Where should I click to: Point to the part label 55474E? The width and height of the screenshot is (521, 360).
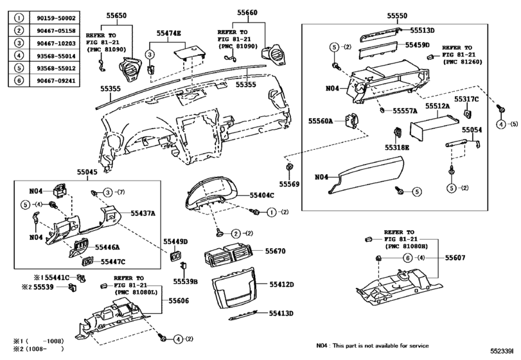coord(169,32)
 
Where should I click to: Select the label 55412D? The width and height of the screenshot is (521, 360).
coord(281,284)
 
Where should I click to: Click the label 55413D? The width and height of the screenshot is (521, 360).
coord(281,313)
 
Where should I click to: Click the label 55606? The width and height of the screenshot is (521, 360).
coord(179,300)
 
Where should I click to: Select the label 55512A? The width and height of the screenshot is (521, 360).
coord(437,107)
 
